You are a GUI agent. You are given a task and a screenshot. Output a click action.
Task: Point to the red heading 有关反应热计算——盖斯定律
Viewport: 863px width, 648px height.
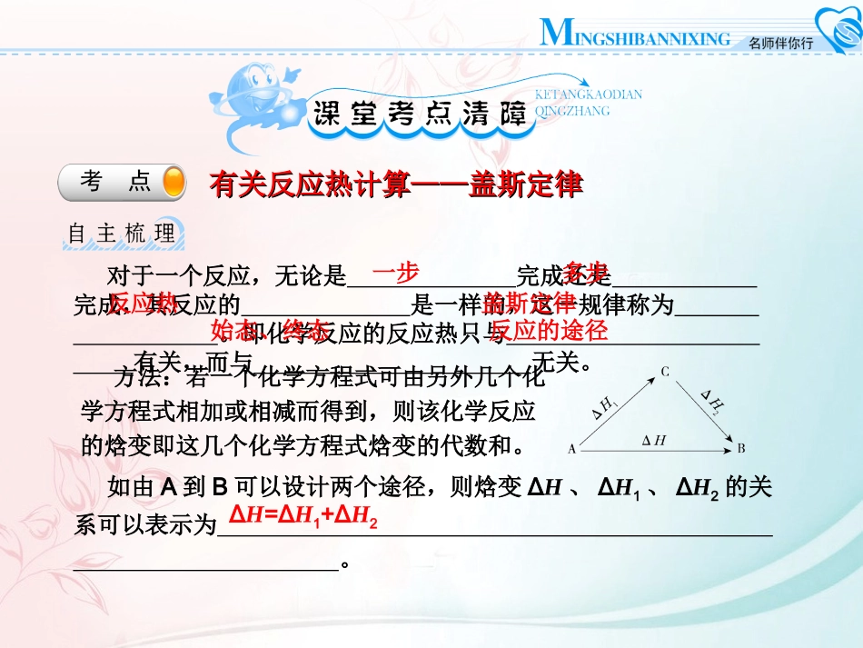[395, 184]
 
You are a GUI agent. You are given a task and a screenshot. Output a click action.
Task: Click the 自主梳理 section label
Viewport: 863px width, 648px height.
[123, 234]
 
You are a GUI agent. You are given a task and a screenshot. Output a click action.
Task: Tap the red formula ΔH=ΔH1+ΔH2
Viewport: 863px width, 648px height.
[303, 516]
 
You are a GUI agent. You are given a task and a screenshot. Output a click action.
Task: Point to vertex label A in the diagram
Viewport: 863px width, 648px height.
[571, 448]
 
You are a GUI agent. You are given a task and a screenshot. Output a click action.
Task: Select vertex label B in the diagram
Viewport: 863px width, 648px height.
[742, 448]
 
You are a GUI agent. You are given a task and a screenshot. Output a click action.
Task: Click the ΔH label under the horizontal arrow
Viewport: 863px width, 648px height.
[654, 441]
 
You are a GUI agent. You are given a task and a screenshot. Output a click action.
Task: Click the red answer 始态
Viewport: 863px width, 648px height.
[233, 329]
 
